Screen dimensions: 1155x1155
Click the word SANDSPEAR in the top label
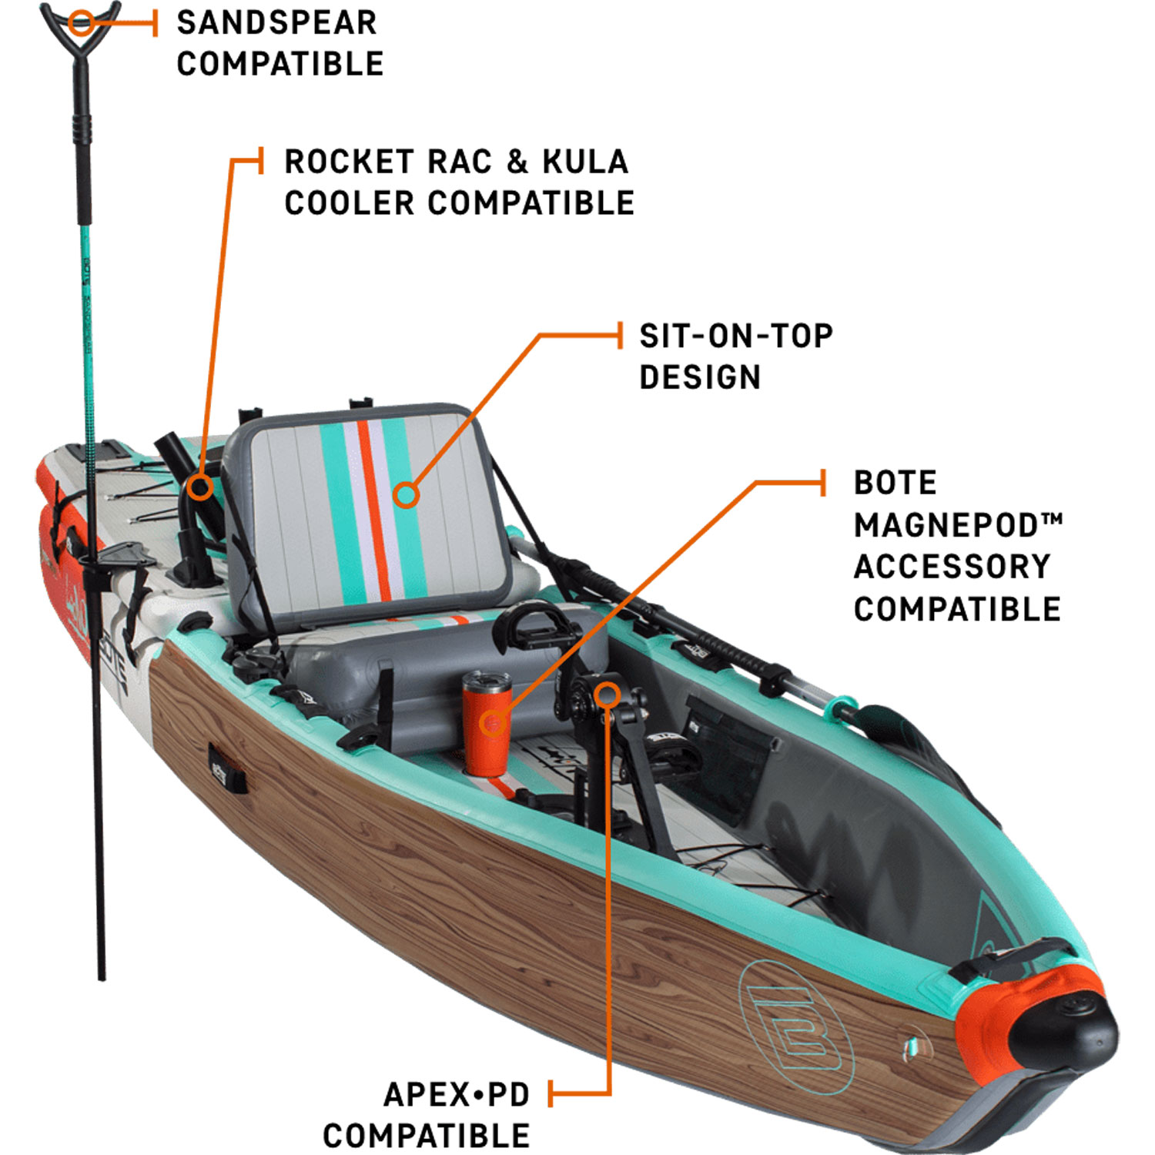276,23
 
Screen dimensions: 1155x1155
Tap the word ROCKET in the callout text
350,162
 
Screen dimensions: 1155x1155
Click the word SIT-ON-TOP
735,336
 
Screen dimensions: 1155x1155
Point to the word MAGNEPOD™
957,526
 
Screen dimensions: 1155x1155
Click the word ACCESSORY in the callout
952,567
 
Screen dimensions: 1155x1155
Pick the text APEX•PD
457,1095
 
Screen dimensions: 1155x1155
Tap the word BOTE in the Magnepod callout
895,484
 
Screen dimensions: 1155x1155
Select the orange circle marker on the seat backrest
406,494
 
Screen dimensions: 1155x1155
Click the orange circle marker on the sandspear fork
79,23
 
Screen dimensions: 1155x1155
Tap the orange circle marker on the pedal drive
608,695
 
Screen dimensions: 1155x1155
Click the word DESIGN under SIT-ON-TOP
700,378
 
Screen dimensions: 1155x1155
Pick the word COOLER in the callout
350,204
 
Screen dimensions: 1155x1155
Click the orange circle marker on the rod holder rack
200,487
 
